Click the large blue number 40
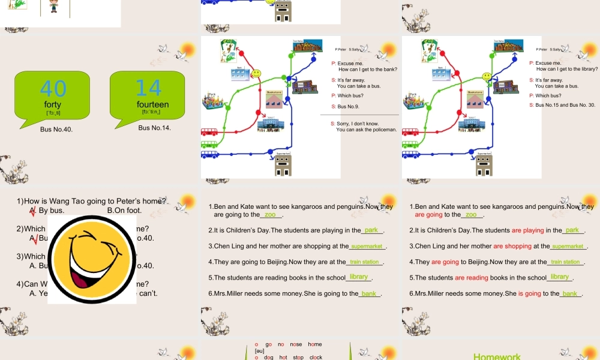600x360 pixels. (53, 88)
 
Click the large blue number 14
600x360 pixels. (149, 88)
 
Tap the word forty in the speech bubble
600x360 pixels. (53, 105)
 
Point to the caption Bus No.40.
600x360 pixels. (56, 129)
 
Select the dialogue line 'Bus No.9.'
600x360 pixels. (349, 106)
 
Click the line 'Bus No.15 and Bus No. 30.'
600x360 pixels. (565, 105)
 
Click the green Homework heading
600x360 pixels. (497, 356)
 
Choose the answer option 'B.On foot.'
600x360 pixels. (124, 211)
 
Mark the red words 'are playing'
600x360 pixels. (527, 230)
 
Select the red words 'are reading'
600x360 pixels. (471, 278)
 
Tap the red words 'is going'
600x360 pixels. (529, 293)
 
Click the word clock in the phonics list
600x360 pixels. (316, 357)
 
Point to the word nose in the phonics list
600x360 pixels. (296, 344)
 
